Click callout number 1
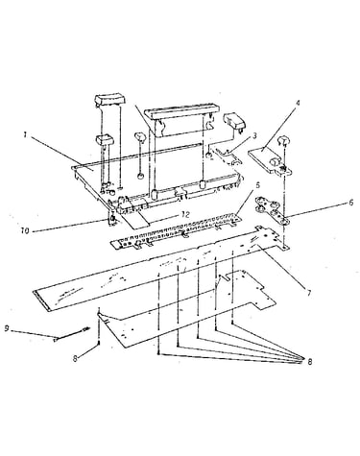pyautogui.click(x=25, y=134)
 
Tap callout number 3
pyautogui.click(x=254, y=135)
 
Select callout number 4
pyautogui.click(x=298, y=104)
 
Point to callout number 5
pyautogui.click(x=258, y=185)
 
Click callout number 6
pyautogui.click(x=351, y=203)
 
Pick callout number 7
pyautogui.click(x=309, y=293)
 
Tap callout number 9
pyautogui.click(x=6, y=328)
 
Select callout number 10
pyautogui.click(x=25, y=230)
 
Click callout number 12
pyautogui.click(x=184, y=215)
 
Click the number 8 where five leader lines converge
pyautogui.click(x=309, y=362)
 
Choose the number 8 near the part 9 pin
pyautogui.click(x=75, y=358)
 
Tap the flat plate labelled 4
pyautogui.click(x=271, y=160)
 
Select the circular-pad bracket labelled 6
pyautogui.click(x=272, y=210)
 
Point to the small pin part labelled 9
pyautogui.click(x=72, y=333)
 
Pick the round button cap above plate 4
pyautogui.click(x=281, y=140)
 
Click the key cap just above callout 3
pyautogui.click(x=234, y=123)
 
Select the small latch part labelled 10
pyautogui.click(x=112, y=219)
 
